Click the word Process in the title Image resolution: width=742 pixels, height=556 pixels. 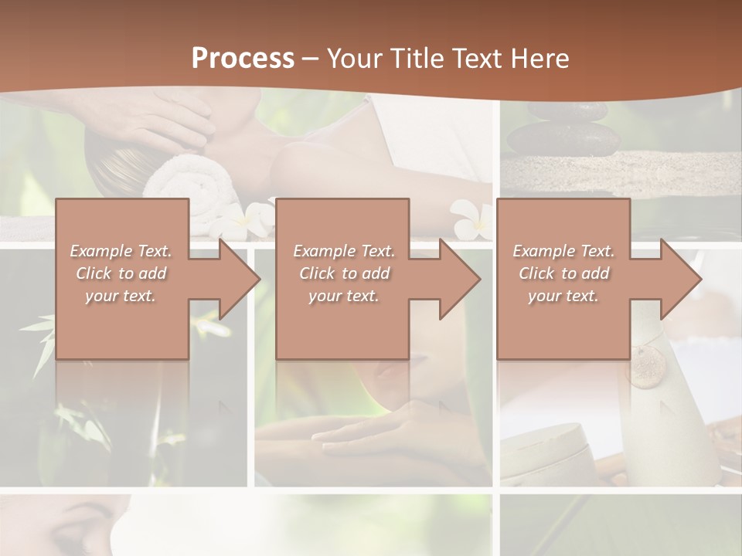click(x=243, y=58)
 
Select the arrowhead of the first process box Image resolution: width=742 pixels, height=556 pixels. click(x=235, y=279)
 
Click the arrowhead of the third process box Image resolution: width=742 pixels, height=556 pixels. click(x=677, y=279)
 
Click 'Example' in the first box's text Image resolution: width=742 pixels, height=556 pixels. click(x=100, y=251)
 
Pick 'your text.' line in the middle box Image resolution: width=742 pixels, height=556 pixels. click(x=343, y=296)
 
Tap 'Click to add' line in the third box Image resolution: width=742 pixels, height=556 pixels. click(x=564, y=273)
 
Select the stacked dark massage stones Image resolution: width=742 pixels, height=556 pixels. click(x=565, y=131)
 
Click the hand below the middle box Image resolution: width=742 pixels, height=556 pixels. click(x=363, y=436)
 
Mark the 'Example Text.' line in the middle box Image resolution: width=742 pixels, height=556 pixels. click(x=343, y=251)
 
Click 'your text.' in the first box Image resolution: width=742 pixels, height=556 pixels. click(x=121, y=296)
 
